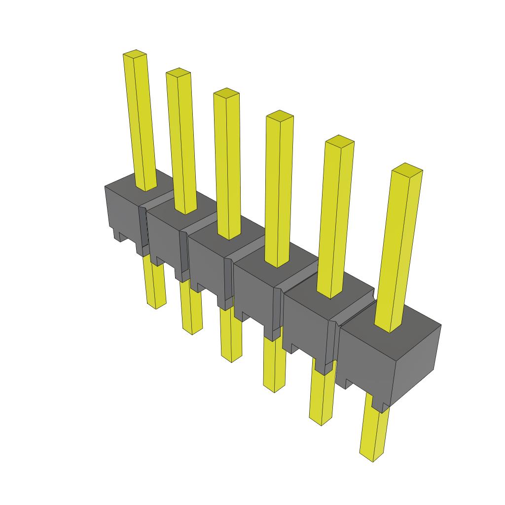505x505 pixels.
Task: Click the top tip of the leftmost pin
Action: [135, 53]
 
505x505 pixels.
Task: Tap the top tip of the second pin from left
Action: [178, 72]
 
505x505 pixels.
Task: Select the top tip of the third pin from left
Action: [226, 92]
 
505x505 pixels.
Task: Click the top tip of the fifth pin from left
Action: [340, 140]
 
